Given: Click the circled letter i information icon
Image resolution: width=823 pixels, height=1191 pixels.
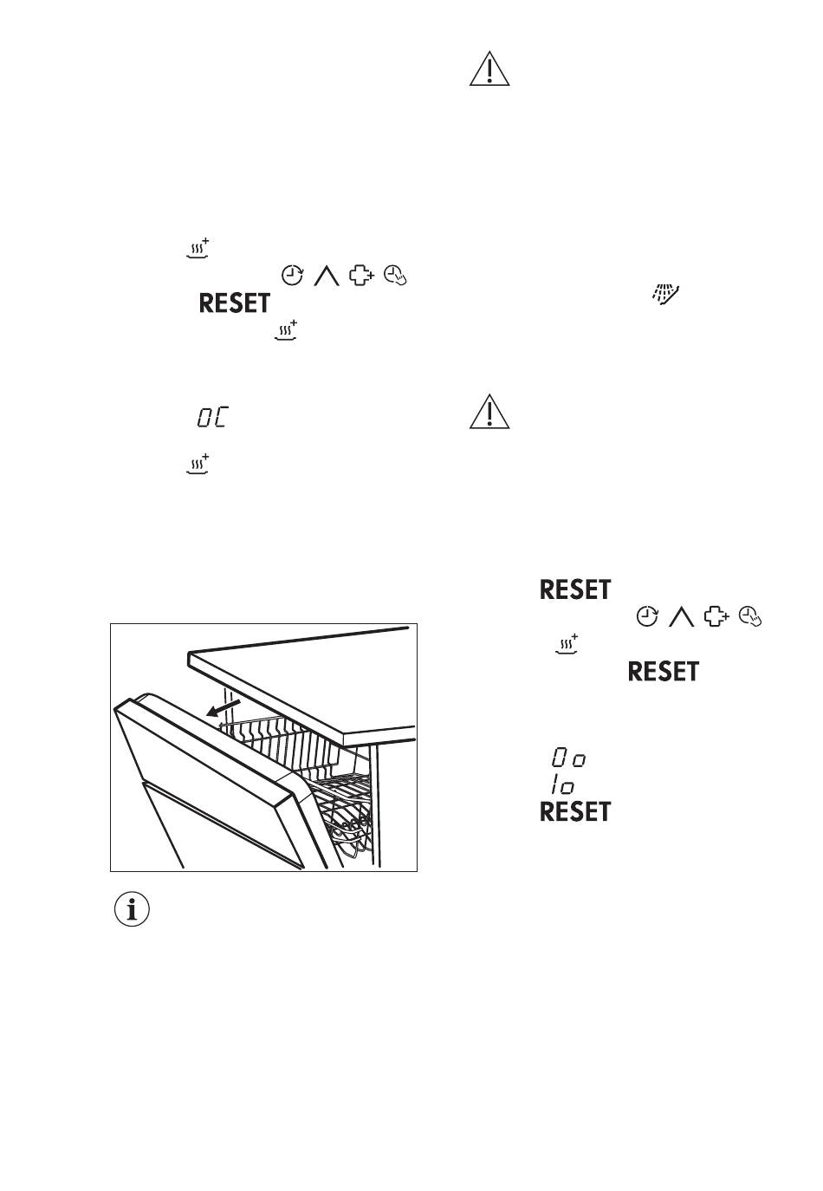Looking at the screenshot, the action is pos(132,909).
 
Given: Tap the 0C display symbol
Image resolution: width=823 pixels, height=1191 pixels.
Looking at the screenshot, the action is pos(212,417).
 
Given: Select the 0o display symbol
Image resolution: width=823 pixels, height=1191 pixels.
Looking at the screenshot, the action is pos(568,757).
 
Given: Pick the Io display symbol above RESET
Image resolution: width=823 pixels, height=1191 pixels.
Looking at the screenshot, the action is pos(562,784).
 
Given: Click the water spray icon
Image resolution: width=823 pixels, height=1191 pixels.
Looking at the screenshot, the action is pos(665,294).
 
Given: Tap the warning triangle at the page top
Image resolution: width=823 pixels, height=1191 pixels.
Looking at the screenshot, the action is pos(489,69).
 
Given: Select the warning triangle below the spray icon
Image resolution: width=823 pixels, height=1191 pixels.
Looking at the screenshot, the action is pos(489,412).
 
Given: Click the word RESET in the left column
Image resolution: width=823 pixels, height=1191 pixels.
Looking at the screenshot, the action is pos(234,303).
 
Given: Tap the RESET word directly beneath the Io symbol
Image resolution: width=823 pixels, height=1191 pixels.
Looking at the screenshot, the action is pos(575,811).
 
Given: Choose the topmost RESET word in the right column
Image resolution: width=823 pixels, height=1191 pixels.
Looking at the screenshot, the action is pos(575,589).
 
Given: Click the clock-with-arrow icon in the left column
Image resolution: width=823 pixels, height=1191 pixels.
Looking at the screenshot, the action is pos(292,275).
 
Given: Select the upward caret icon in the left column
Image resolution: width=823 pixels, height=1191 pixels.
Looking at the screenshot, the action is pos(327,276).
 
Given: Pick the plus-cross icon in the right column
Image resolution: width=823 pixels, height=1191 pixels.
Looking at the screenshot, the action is pos(716,616).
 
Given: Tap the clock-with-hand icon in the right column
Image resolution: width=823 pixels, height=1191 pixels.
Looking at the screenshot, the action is pos(750,616).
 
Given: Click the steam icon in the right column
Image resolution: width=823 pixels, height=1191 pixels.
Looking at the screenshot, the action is pos(567,643).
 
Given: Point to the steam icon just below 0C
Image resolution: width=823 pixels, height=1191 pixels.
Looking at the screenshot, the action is pos(198,464).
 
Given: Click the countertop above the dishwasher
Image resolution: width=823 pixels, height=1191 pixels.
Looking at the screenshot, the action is pos(301,683).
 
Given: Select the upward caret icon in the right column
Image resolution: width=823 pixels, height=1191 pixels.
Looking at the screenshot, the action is pos(681,617).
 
